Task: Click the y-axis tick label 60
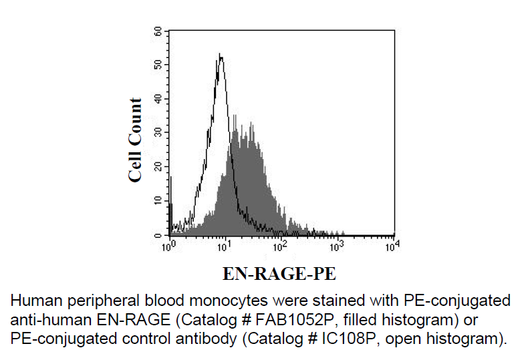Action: tap(158, 31)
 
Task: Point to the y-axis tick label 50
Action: tap(158, 65)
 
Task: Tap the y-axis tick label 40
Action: tap(158, 99)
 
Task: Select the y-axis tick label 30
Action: tap(158, 133)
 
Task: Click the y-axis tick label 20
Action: tap(158, 167)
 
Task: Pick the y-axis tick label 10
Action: tap(158, 201)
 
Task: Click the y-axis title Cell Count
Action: tap(136, 140)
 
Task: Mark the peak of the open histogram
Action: tap(220, 55)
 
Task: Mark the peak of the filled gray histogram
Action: tap(250, 123)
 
